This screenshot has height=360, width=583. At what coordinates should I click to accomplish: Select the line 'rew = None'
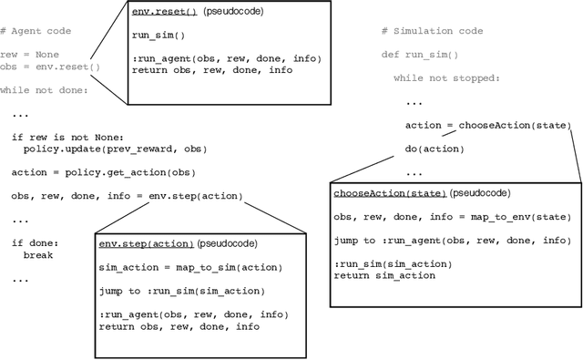[x=27, y=54]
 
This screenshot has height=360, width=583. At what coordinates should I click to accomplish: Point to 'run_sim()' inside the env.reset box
[x=153, y=35]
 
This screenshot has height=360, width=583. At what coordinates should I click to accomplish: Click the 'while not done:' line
[x=43, y=90]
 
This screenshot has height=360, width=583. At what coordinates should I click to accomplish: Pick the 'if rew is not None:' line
[x=63, y=137]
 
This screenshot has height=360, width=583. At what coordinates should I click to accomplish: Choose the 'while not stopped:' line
[x=446, y=77]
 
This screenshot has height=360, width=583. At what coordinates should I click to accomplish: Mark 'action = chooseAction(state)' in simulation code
[x=487, y=125]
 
